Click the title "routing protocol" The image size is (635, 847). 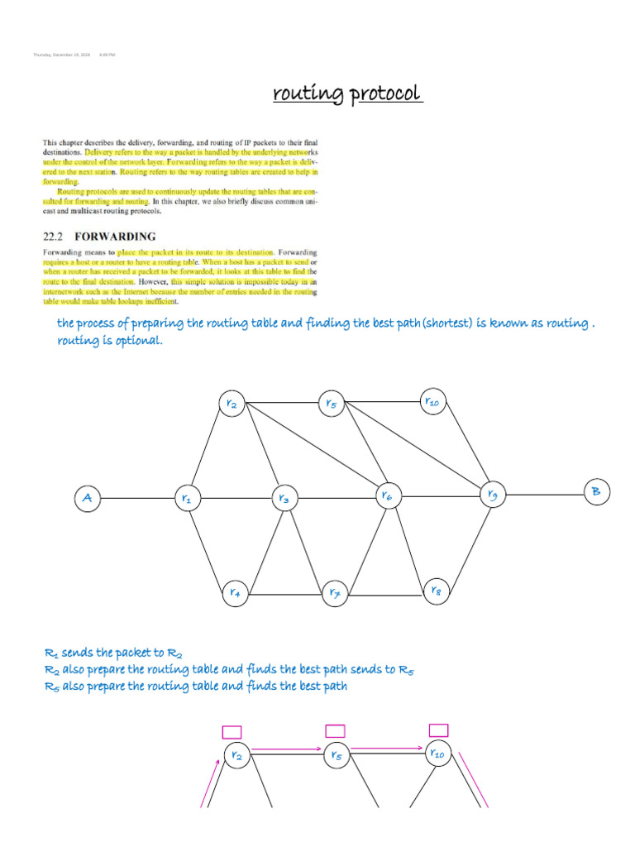348,93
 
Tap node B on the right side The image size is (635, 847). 595,493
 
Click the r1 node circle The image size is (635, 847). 187,499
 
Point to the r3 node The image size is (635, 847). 284,499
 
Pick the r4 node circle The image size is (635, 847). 235,592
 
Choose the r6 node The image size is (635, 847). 386,496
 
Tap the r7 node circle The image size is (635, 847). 335,592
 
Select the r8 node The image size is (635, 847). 436,591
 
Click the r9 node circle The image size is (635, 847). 493,495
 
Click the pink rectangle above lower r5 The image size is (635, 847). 335,730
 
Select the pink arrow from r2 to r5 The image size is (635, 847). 285,749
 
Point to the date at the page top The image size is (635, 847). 62,55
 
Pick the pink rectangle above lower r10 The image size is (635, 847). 438,730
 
